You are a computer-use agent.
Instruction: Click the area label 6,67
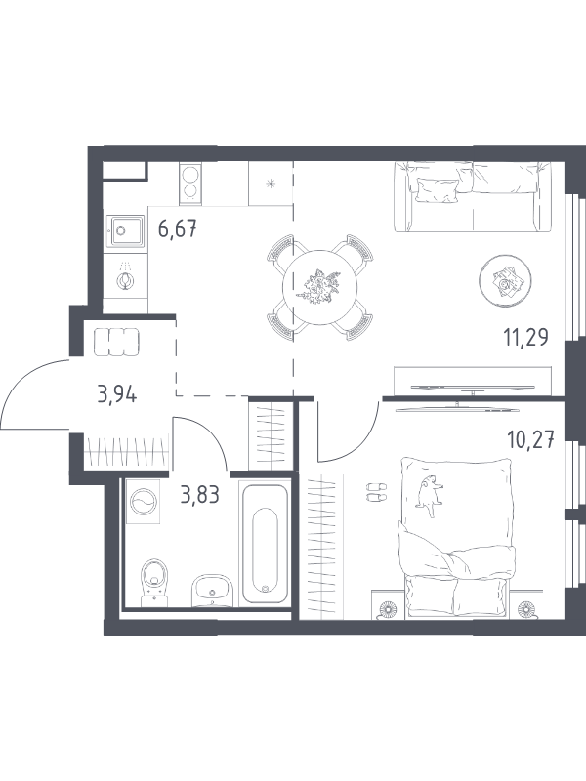click(178, 229)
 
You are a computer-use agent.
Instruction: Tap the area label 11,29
click(526, 338)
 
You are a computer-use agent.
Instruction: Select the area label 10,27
click(530, 440)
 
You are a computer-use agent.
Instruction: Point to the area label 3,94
click(117, 395)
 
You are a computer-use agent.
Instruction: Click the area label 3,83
click(200, 495)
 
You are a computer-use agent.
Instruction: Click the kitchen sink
click(125, 230)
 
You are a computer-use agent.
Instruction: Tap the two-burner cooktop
click(189, 184)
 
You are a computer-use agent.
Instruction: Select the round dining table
click(319, 287)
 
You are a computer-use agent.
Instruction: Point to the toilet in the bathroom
click(154, 583)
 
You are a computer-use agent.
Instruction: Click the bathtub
click(265, 543)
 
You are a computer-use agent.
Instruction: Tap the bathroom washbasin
click(212, 591)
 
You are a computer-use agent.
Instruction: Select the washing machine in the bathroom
click(143, 501)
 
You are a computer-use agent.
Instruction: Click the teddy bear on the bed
click(430, 495)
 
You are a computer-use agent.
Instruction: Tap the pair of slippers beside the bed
click(375, 491)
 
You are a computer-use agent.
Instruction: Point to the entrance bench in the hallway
click(116, 342)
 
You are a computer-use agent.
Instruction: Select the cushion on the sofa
click(436, 190)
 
